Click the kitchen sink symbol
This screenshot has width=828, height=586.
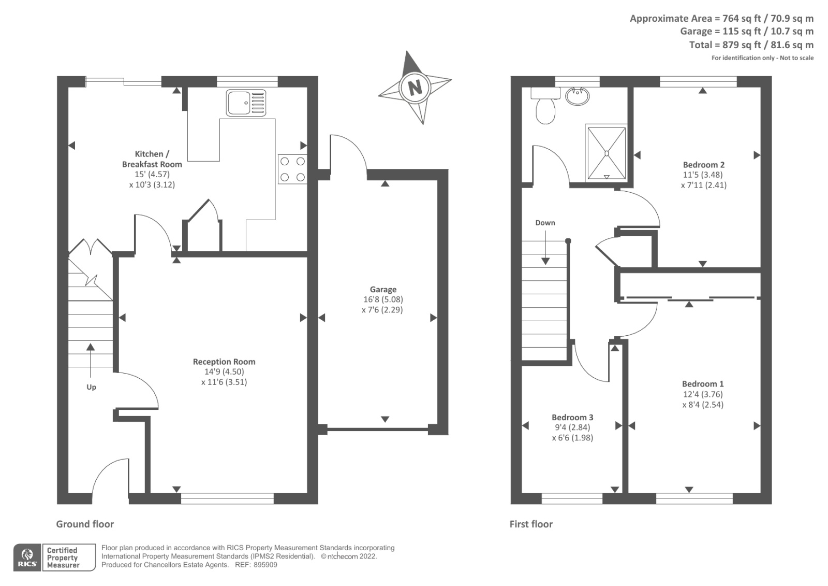coord(246,103)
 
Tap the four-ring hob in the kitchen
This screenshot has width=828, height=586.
coord(292,169)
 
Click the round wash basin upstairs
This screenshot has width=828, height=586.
coord(577,96)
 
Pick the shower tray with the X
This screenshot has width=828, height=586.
coord(606,153)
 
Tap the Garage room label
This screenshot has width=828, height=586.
coord(383,290)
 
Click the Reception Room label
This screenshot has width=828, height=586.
coord(224,362)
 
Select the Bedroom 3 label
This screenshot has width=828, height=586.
coord(572,417)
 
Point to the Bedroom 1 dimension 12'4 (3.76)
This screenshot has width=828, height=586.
coord(703,394)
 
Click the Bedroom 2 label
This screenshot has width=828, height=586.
coord(704,165)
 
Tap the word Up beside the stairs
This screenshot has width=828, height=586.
coord(91,387)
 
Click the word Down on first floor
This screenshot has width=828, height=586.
coord(545,223)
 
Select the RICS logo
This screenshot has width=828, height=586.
coord(27,558)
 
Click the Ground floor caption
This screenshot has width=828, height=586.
coord(85,524)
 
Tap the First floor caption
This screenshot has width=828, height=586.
coord(531,524)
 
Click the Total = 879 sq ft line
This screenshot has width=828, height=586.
coord(751,45)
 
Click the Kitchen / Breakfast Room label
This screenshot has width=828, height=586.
coord(152,159)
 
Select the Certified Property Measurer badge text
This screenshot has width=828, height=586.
coord(63,558)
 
